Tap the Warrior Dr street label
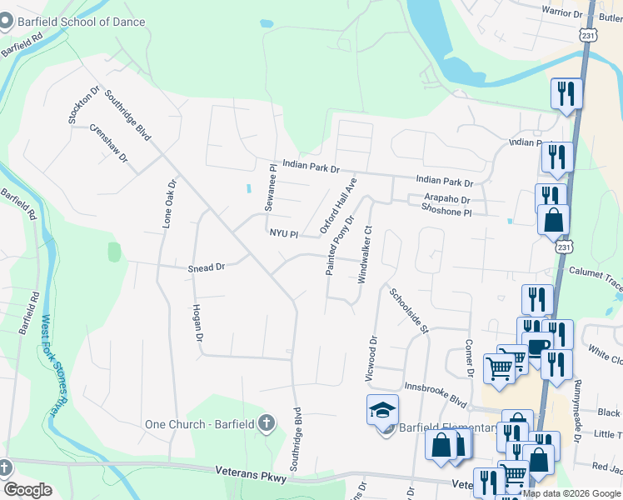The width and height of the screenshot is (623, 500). click(x=562, y=12)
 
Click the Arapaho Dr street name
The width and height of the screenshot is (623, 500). click(x=446, y=200)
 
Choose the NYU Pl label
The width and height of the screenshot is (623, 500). click(x=282, y=234)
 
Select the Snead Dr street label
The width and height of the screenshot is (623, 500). click(x=207, y=267)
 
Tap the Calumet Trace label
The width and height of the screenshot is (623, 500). click(x=595, y=272)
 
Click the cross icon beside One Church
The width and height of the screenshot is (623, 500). click(x=266, y=423)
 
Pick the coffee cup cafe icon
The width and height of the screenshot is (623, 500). click(x=537, y=343)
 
